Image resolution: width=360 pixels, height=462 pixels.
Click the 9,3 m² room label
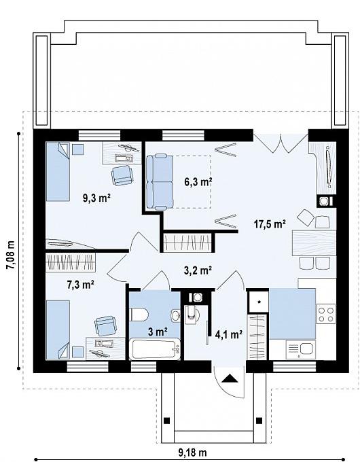(96, 198)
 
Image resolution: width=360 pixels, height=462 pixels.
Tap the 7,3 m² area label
(80, 285)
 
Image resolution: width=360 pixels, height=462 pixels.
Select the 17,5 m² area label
(270, 224)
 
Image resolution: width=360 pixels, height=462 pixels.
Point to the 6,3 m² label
(198, 182)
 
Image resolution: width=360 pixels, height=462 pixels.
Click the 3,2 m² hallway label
(198, 270)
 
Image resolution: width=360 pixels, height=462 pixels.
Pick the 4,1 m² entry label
(229, 334)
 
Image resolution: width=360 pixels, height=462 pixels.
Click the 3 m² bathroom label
(158, 332)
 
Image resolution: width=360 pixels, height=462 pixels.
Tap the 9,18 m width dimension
(193, 452)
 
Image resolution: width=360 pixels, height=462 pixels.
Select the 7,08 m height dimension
(11, 255)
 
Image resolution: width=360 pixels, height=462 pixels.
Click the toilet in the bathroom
(139, 315)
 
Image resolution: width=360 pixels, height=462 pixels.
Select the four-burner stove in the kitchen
(326, 314)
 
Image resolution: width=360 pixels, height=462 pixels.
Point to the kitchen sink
(301, 350)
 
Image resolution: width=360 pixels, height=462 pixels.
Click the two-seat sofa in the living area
(160, 182)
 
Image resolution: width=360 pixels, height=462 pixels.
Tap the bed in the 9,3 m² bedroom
(58, 171)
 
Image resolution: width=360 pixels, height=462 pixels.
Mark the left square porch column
(166, 421)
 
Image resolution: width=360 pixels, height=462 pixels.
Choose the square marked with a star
(258, 302)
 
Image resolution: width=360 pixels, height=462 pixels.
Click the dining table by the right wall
(314, 243)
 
